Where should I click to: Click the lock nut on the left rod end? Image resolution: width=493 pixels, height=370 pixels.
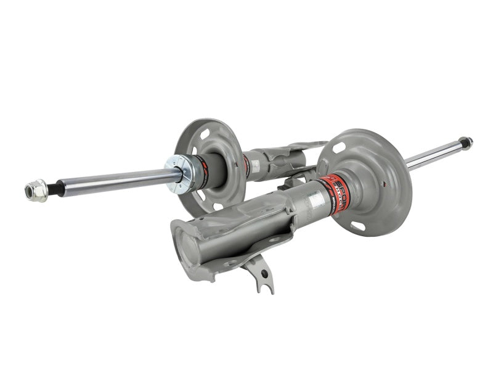pos(35,191)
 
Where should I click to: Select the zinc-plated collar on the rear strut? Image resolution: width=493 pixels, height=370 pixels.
pos(179,172)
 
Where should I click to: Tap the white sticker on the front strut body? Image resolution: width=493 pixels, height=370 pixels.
pos(316,199)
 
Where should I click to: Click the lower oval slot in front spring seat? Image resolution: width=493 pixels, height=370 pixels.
pos(358,226)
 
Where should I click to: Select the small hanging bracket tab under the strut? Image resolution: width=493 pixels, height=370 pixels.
pos(263,276)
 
